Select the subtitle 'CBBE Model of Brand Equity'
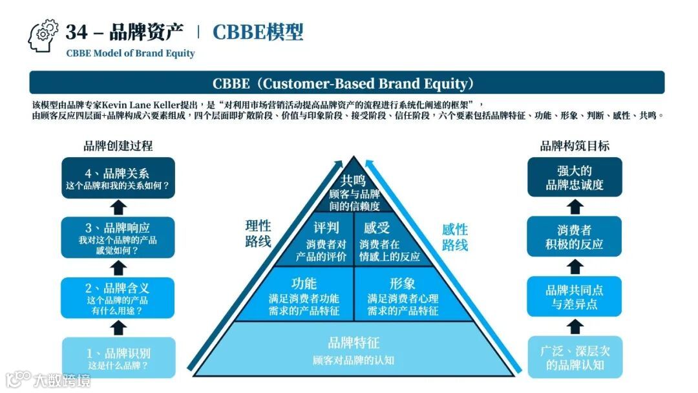coord(130,53)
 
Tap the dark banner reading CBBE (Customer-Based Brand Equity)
coord(347,83)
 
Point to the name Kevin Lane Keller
coord(143,105)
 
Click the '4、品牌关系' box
coord(118,178)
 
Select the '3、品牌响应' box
coord(118,237)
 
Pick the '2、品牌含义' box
coord(118,298)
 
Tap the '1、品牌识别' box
coord(118,357)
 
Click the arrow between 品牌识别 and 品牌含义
coord(118,328)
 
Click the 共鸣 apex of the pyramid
coord(354,191)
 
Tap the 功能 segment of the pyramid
coord(304,295)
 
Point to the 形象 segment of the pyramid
coord(403,295)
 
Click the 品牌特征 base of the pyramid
coord(354,350)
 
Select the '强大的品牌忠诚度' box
coord(575,177)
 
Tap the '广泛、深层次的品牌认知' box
coord(575,357)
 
